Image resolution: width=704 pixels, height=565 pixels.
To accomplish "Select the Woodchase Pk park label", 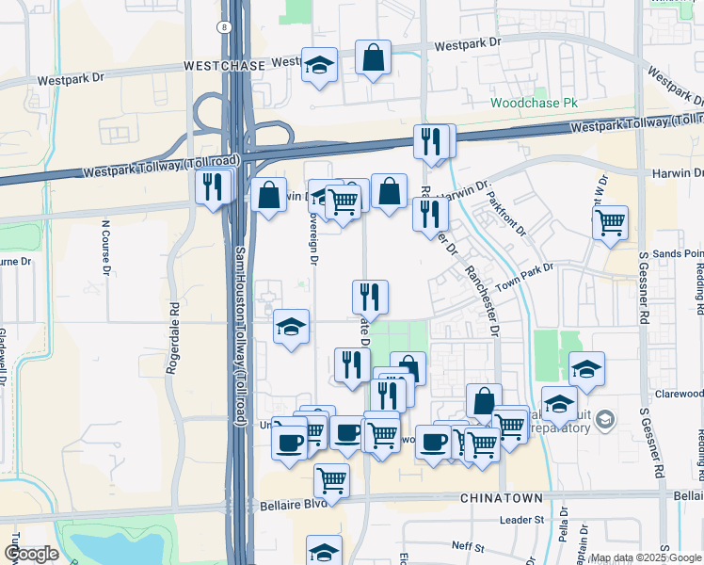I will [532, 103].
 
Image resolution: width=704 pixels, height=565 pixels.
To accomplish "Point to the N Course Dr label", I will [106, 248].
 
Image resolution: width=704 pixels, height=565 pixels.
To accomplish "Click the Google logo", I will [31, 554].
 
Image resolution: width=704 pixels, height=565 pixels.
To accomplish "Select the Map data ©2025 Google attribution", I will [647, 557].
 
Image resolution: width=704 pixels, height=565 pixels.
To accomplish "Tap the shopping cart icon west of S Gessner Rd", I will [611, 222].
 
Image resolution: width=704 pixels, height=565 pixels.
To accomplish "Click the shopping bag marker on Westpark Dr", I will [374, 58].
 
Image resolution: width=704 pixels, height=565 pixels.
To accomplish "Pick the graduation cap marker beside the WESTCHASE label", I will [319, 65].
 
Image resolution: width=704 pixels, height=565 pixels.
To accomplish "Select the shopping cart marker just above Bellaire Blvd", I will [331, 480].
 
